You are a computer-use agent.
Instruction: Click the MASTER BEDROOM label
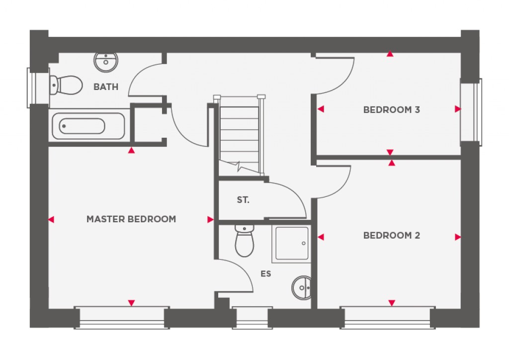131,219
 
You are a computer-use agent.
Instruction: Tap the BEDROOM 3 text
392,109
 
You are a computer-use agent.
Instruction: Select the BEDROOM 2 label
392,235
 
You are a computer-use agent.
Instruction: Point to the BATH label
106,87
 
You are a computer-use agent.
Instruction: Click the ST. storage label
243,200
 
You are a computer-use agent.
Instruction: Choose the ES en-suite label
266,273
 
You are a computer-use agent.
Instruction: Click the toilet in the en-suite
244,241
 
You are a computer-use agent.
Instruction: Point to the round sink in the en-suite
302,287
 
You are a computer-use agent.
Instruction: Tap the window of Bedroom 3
471,110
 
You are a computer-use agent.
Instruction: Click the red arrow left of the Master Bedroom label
51,219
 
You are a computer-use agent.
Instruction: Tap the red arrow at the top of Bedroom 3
390,54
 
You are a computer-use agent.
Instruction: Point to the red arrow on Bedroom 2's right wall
457,237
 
